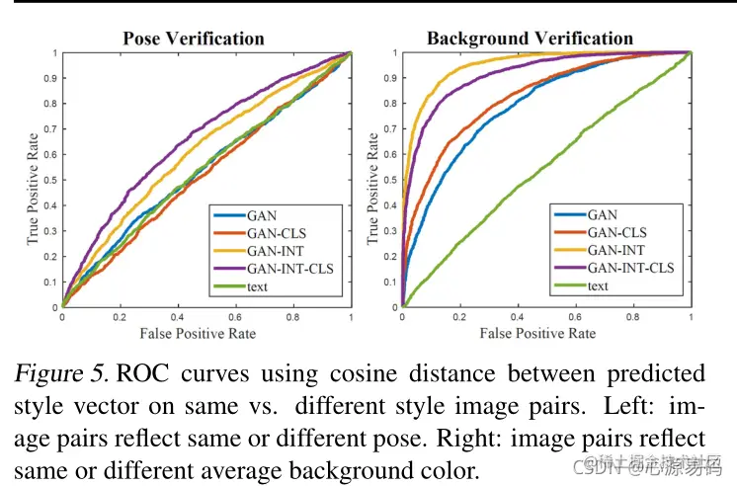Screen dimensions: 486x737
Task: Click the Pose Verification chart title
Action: point(194,40)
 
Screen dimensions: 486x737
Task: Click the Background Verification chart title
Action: point(530,40)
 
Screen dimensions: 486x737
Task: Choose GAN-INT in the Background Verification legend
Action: point(613,249)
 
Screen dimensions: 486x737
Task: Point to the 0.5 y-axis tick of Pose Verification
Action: point(49,180)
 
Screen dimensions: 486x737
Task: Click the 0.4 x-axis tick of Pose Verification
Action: point(177,318)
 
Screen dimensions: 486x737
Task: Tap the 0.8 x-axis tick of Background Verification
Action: point(632,318)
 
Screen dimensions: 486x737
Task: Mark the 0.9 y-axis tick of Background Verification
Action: point(390,78)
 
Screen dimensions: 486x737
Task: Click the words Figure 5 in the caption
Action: point(60,374)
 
